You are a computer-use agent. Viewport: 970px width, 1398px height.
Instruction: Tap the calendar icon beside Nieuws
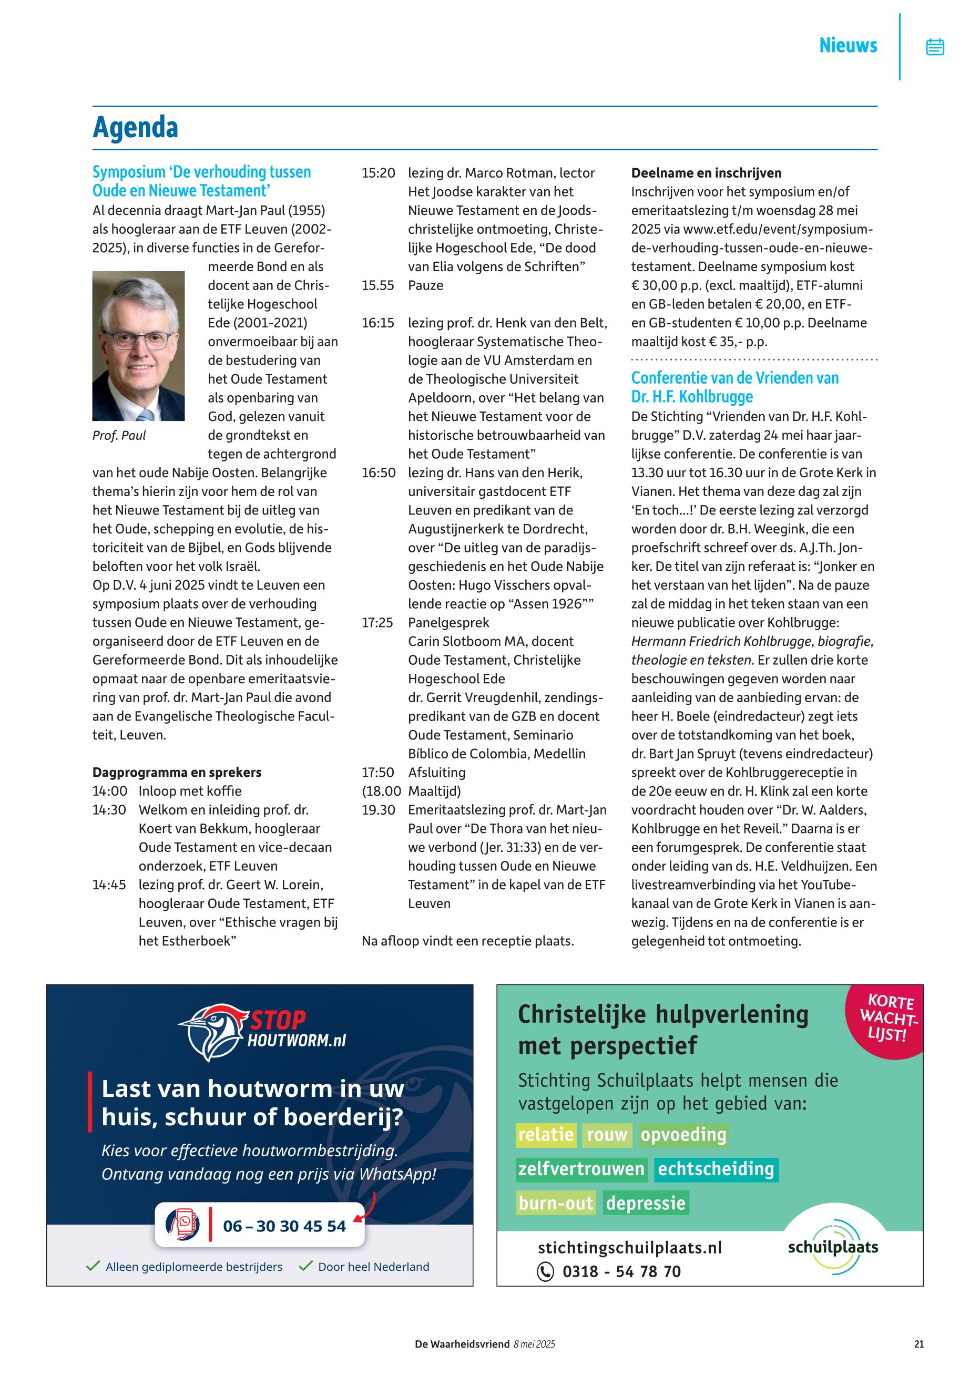coord(935,47)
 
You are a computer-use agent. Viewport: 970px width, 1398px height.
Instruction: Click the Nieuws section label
coord(848,46)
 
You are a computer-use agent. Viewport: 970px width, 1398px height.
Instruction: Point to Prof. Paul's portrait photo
coord(139,346)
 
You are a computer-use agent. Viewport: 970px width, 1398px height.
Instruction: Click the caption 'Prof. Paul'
coord(119,435)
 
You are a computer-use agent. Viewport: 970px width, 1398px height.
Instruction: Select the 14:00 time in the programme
coord(110,791)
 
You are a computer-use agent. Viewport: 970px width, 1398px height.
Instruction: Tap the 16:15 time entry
coord(378,323)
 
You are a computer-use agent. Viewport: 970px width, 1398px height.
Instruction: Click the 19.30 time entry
coord(378,810)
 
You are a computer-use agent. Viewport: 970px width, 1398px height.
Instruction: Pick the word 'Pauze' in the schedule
coord(425,285)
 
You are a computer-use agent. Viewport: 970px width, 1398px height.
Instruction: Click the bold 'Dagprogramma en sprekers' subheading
coord(177,772)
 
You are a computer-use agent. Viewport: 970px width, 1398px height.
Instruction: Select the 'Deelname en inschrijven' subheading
coord(706,173)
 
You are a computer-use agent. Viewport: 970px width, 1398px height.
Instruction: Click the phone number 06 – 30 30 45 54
coord(284,1226)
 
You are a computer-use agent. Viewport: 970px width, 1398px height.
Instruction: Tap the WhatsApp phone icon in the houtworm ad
coord(183,1225)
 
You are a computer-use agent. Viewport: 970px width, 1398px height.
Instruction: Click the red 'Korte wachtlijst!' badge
coord(887,1018)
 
